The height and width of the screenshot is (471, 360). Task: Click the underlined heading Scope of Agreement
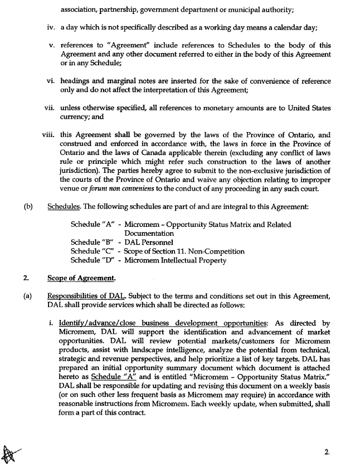pos(82,278)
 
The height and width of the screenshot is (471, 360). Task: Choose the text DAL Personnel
pos(149,242)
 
